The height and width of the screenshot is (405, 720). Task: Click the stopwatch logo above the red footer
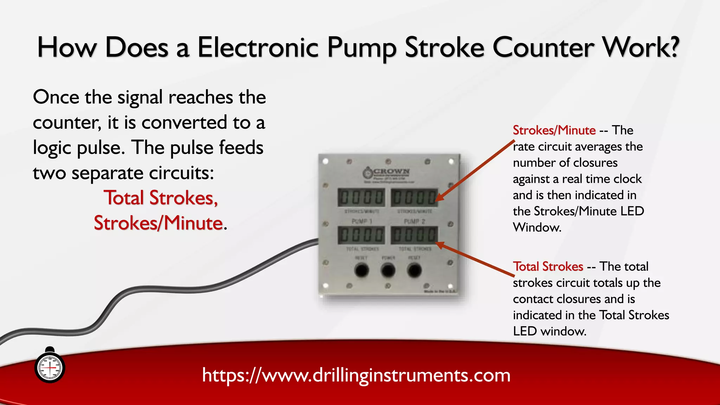click(50, 367)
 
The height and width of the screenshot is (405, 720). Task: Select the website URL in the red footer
click(356, 375)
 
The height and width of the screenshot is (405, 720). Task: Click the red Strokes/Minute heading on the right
click(554, 130)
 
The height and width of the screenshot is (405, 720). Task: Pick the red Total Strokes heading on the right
click(548, 266)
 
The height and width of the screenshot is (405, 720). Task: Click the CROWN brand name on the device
click(391, 172)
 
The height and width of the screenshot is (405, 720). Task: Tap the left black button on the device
click(361, 270)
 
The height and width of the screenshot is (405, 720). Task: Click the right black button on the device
click(414, 270)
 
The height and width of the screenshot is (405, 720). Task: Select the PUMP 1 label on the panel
click(362, 221)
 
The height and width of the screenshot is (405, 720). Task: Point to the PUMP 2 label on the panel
click(414, 221)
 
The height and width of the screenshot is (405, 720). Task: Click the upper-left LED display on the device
click(361, 198)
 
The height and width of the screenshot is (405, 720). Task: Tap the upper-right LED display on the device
click(414, 198)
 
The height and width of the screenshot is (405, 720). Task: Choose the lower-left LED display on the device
click(361, 235)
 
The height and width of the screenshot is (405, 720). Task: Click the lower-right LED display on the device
click(414, 235)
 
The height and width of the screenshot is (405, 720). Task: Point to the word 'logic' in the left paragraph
click(52, 148)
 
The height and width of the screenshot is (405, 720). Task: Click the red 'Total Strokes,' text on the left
click(161, 198)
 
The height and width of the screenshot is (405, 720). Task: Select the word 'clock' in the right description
click(628, 179)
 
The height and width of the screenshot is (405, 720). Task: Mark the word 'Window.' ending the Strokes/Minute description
click(537, 227)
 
